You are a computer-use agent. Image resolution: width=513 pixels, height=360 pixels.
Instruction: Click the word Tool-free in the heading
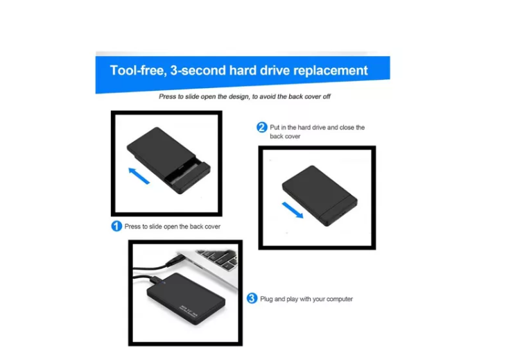pos(138,70)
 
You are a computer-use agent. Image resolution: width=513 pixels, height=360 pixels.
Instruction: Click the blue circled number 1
pos(116,226)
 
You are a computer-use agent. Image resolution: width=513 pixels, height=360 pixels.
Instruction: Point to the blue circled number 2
pos(262,127)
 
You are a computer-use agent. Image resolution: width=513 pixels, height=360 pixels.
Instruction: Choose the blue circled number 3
pos(252,298)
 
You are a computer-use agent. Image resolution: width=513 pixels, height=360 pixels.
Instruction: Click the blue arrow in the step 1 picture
pos(139,175)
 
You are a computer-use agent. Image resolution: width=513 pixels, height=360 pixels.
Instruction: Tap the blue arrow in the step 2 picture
pos(293,209)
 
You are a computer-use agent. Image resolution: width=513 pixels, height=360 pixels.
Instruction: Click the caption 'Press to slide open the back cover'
pos(173,226)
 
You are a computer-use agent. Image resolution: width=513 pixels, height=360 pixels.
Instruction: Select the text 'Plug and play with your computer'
pos(306,299)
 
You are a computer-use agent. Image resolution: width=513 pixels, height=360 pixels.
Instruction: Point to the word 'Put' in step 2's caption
pos(275,128)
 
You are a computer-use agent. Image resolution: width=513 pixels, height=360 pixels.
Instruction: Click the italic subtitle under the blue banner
pos(245,96)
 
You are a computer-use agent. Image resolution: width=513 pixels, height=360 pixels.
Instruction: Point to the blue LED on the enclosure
pos(164,283)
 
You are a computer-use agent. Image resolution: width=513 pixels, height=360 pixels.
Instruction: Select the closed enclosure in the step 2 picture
pos(320,196)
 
